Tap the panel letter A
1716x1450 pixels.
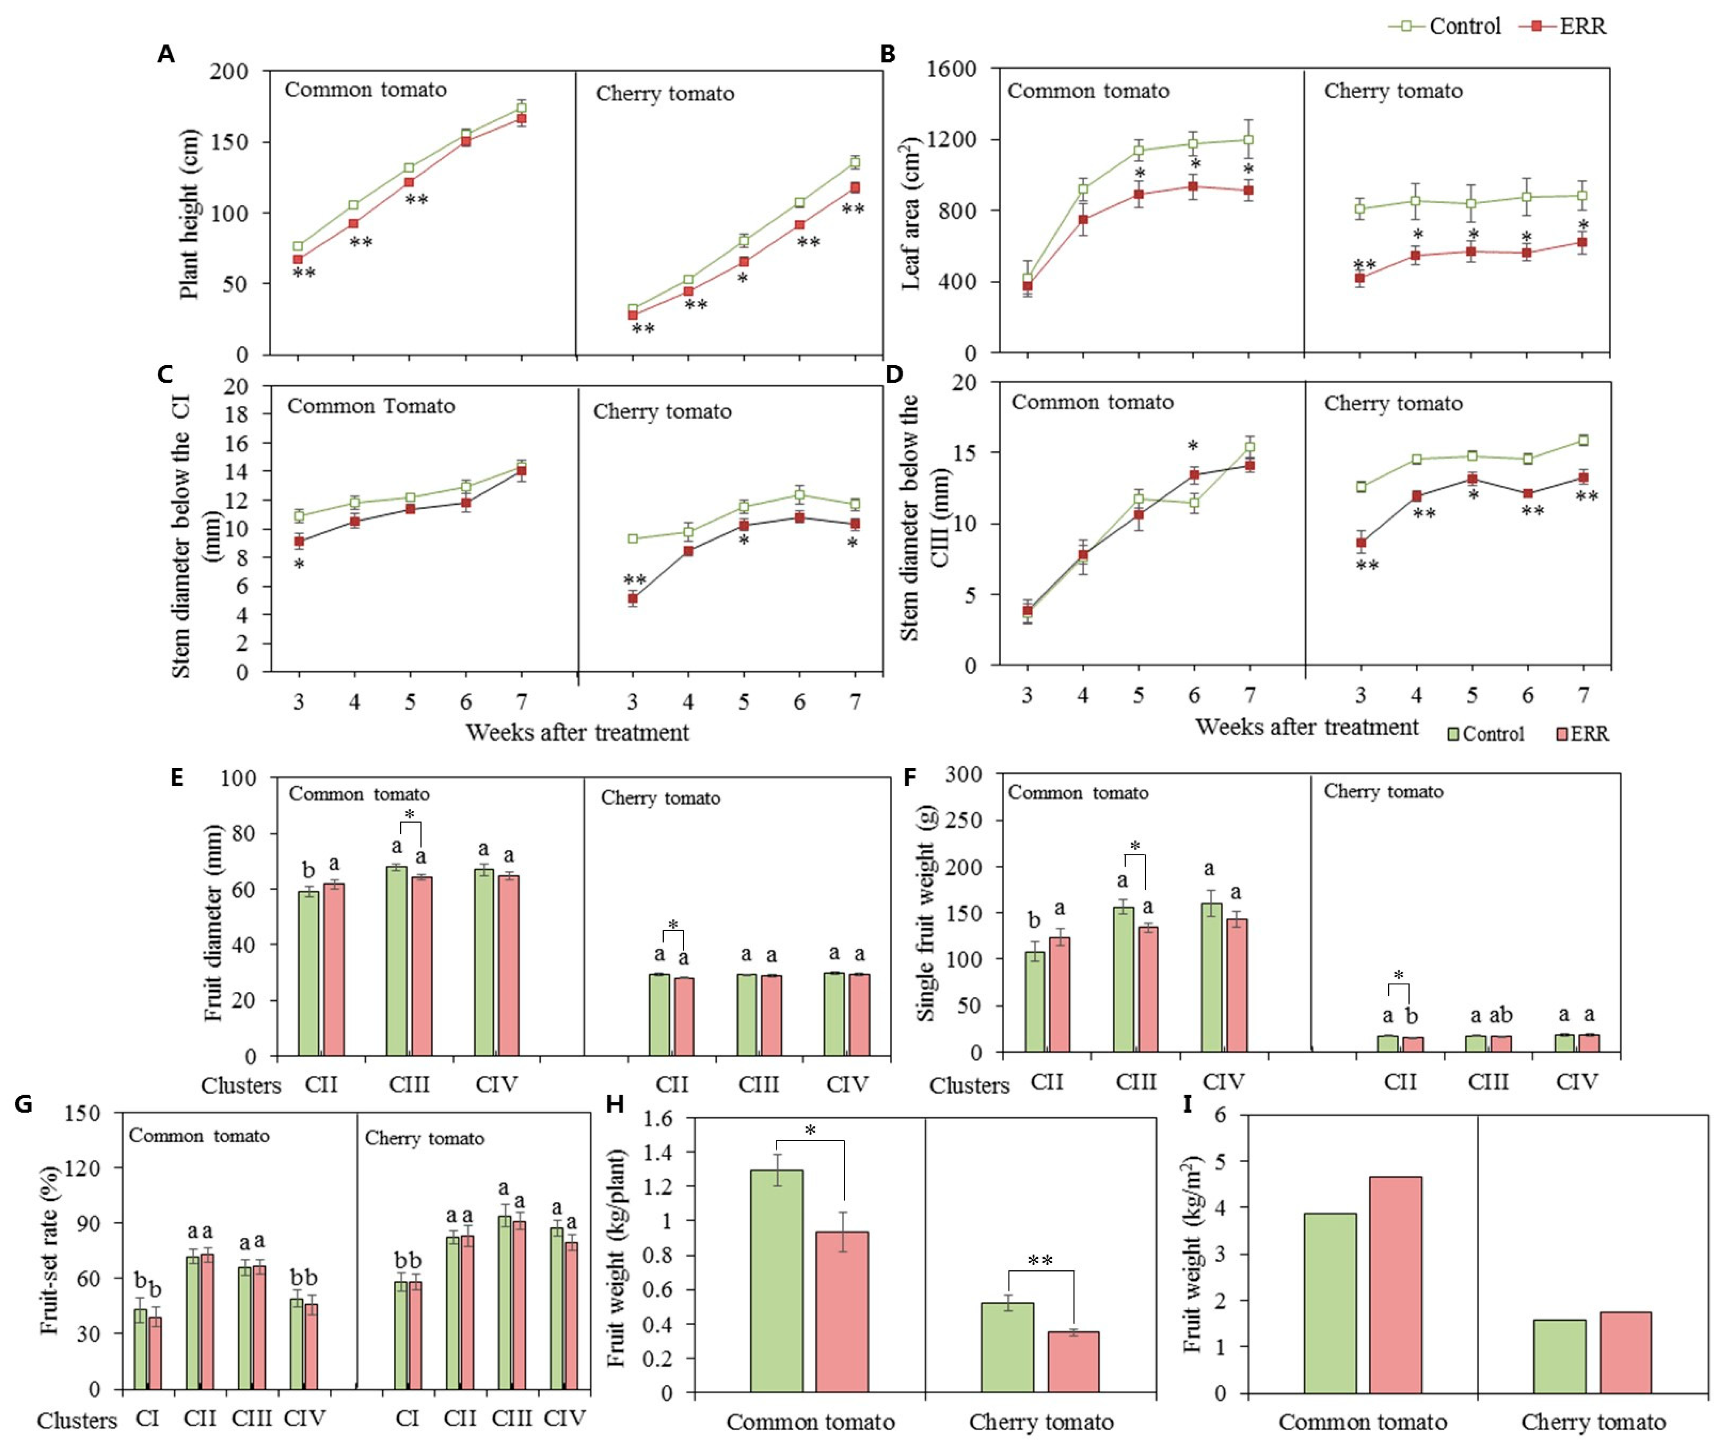166,54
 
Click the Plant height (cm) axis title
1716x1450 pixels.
189,214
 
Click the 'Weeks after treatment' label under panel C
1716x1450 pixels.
577,733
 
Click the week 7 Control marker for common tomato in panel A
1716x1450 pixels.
521,108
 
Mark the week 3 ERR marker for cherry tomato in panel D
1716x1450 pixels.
1361,542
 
